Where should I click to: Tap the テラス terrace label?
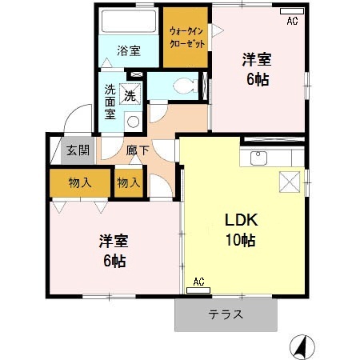[226, 314]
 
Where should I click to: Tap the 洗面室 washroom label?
[110, 102]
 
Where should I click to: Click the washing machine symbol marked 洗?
[130, 95]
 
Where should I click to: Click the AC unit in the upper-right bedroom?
[290, 21]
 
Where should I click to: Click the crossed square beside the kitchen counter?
[290, 182]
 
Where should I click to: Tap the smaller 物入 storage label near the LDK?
[128, 182]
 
